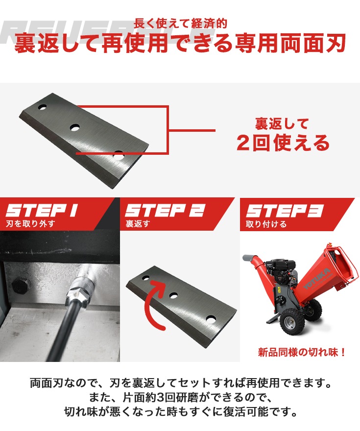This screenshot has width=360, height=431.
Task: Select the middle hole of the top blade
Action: point(75,127)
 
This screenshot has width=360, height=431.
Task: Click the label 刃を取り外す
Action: point(30,225)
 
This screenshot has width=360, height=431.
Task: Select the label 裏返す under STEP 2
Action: point(137,225)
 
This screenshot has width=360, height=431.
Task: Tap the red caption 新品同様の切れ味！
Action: point(302,352)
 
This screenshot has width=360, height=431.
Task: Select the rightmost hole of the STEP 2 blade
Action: point(211,318)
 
